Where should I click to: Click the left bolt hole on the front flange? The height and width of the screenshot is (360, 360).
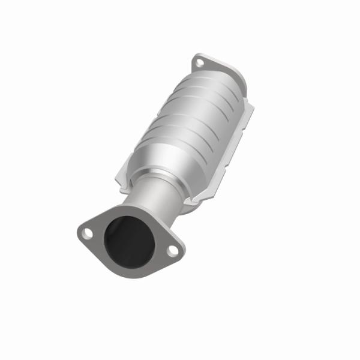tap(87, 231)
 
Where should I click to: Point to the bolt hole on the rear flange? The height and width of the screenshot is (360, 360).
tap(200, 61)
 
